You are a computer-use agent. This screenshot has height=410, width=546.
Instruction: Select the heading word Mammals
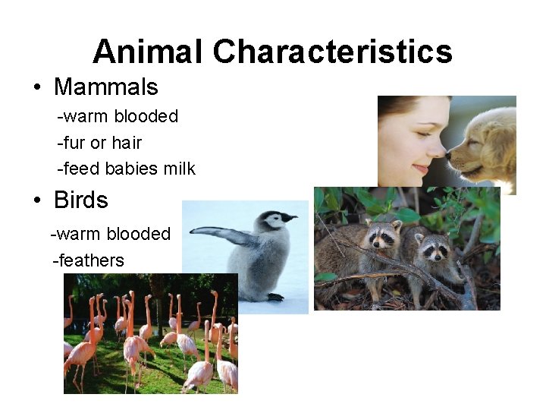105,87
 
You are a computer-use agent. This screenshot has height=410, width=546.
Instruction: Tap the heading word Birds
80,200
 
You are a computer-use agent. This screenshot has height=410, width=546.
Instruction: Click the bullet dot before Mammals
36,88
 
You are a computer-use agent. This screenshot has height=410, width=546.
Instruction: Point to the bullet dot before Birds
36,201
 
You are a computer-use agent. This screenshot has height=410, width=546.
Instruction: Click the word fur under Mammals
74,143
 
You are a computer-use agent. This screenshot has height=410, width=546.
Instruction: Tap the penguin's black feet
275,297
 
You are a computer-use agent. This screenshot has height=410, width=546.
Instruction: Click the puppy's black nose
450,155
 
